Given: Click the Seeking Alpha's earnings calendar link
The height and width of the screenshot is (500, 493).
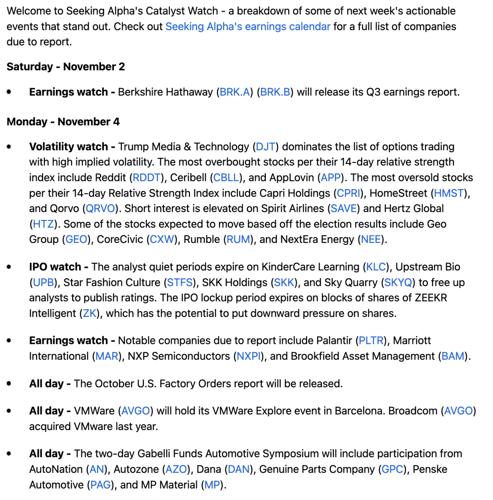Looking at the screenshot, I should tap(248, 26).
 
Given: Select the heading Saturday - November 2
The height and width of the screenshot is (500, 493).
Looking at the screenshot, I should tap(66, 67).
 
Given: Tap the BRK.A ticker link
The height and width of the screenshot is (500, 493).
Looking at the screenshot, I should tap(235, 92).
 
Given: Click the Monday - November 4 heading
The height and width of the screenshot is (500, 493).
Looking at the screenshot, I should tap(63, 122).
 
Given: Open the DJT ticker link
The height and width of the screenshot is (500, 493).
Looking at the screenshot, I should tap(265, 147).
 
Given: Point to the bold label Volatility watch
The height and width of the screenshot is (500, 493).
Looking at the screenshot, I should tap(69, 147).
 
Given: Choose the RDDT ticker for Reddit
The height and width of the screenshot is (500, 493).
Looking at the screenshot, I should tap(147, 177).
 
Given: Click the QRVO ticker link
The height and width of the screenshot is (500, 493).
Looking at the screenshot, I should tap(100, 208).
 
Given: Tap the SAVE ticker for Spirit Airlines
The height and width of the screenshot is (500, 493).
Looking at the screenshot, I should tap(343, 208).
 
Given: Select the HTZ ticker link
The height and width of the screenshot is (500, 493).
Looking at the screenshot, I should tap(43, 224).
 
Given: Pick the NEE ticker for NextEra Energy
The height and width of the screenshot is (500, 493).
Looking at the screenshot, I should tap(371, 239).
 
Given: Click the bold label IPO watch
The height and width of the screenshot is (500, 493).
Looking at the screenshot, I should tap(55, 267).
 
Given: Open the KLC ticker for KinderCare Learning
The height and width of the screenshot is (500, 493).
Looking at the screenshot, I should tap(376, 267).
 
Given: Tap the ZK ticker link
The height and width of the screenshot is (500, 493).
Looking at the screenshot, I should tap(90, 313).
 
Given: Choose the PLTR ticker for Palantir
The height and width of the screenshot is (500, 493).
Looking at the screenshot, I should tap(371, 340).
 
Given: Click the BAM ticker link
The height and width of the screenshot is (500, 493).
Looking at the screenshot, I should tap(453, 356).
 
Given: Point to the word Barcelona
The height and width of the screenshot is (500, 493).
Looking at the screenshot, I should tap(359, 411).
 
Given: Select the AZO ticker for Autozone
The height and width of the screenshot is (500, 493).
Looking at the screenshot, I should tap(176, 469).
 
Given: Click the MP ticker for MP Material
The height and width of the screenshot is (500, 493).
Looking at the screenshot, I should tap(212, 485).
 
